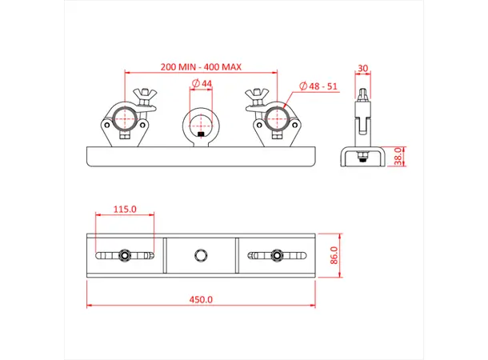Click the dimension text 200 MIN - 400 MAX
pos(201,67)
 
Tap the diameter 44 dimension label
pos(202,84)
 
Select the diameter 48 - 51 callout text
pos(318,85)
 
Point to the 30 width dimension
pos(364,69)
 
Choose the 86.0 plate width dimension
pos(335,256)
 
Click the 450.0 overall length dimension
pos(201,300)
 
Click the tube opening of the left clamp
pos(125,120)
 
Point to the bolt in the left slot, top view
pos(124,256)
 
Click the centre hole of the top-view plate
pos(201,256)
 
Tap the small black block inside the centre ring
pos(202,137)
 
